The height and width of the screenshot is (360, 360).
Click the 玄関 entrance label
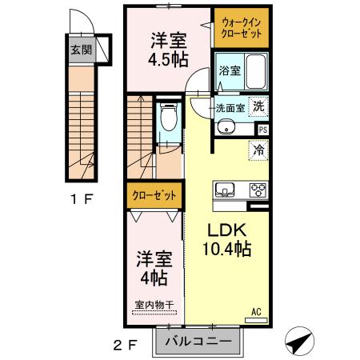coord(78,50)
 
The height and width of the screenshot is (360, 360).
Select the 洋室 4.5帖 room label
coord(168,50)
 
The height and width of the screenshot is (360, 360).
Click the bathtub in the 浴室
coord(254,70)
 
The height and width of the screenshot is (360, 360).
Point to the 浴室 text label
coord(229,70)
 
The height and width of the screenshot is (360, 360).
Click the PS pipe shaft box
coord(262,128)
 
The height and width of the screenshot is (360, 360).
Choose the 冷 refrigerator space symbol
coord(258,148)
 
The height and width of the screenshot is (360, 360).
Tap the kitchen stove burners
coord(258,190)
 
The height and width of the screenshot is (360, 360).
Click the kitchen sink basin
coord(224,190)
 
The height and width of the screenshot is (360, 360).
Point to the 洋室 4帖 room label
coord(151,267)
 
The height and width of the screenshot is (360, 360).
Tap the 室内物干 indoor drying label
coord(151,305)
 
